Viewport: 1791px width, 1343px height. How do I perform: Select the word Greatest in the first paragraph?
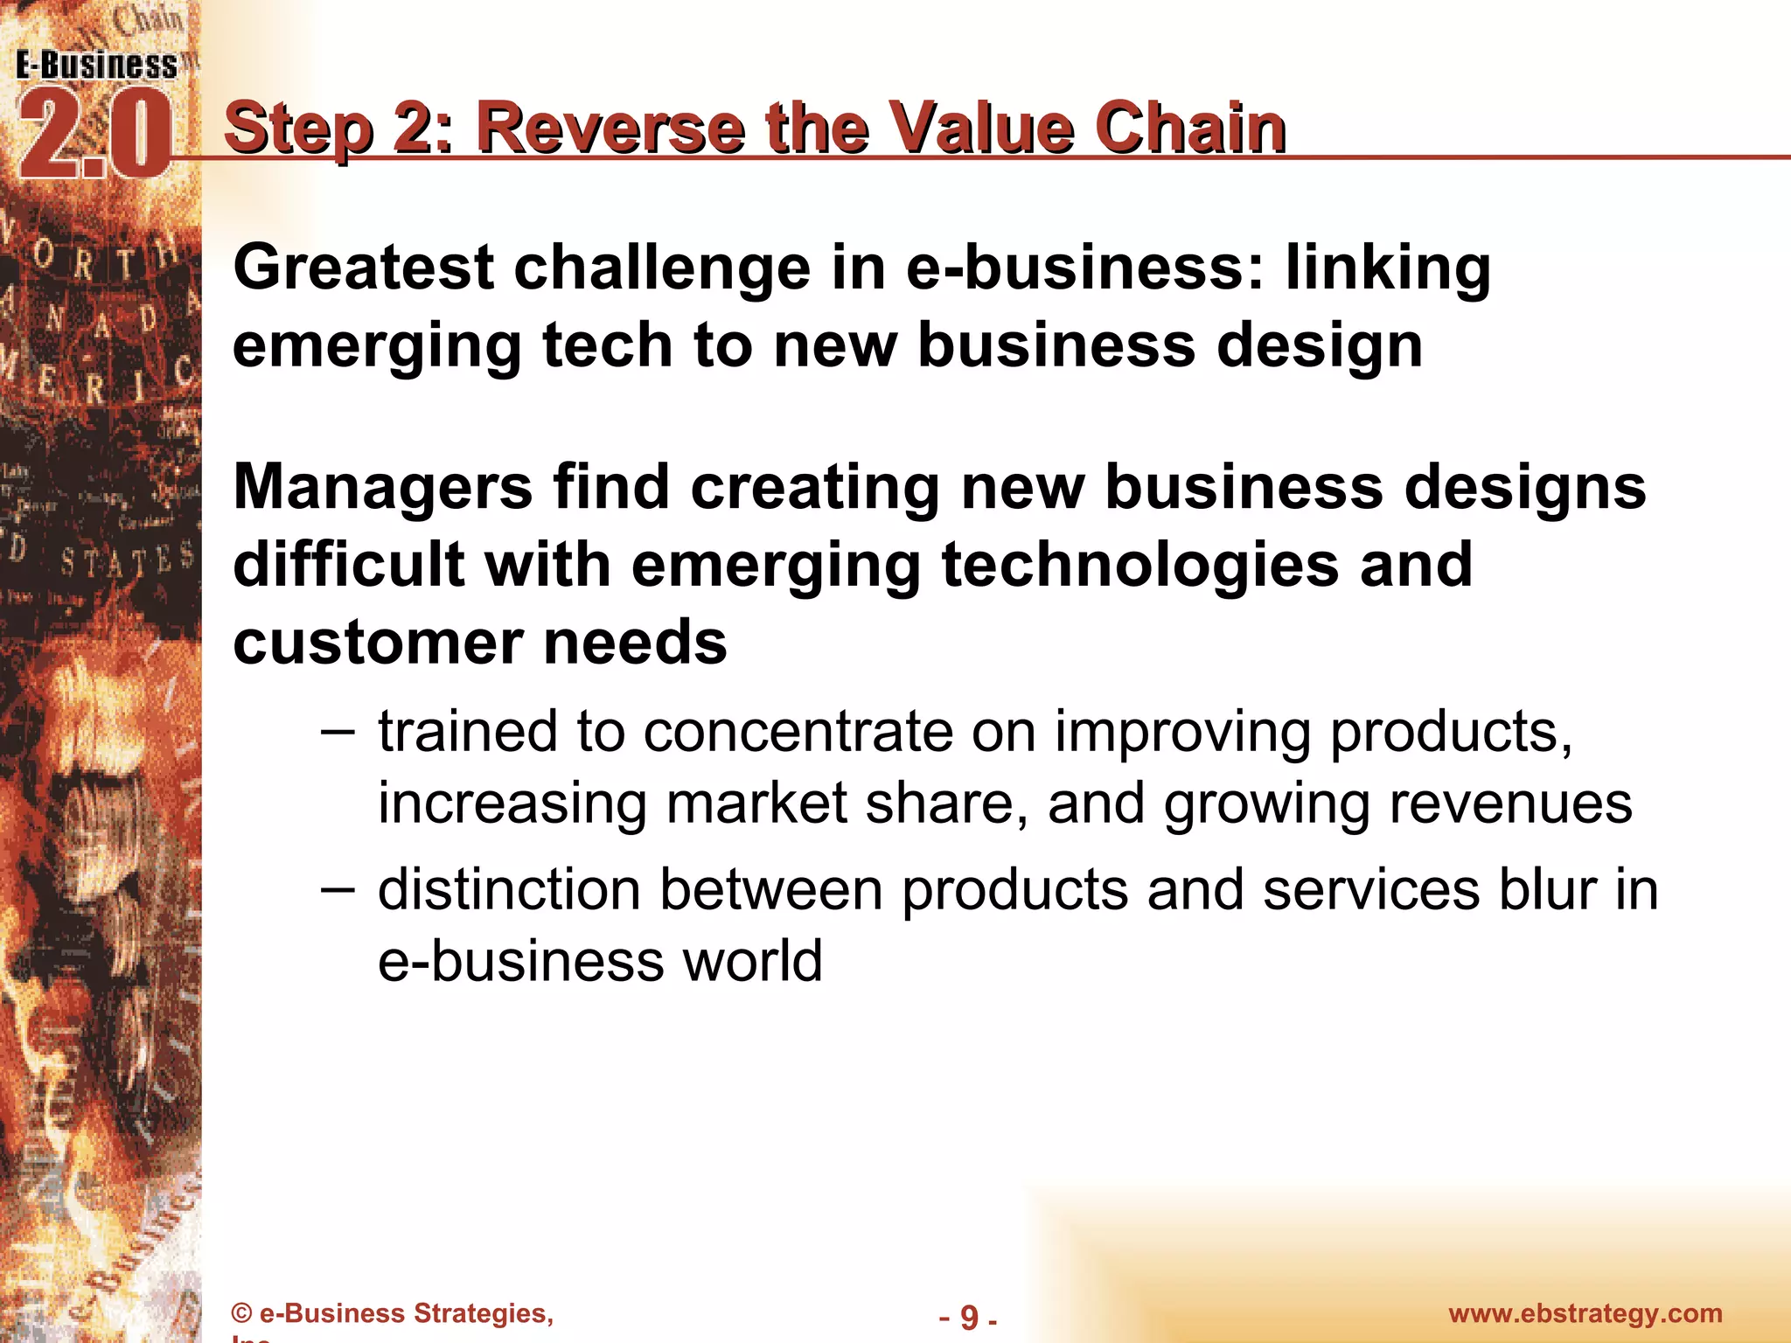364,268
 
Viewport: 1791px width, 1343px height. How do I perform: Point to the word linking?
1388,268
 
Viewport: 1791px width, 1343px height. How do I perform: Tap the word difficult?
348,564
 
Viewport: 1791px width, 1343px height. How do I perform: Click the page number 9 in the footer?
968,1317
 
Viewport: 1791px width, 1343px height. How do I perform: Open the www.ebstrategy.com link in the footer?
1585,1313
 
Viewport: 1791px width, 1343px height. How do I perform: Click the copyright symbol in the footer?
242,1313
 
